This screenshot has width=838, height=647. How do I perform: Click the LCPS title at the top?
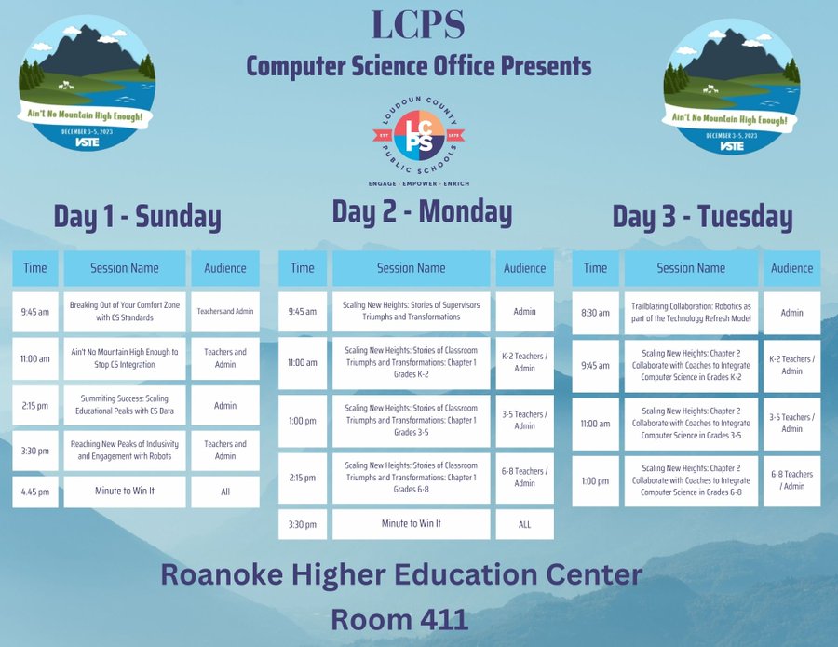pos(418,25)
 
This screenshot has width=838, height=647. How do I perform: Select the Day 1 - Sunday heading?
pos(137,216)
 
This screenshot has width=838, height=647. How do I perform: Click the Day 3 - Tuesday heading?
pos(702,217)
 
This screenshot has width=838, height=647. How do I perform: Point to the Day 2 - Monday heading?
pos(422,211)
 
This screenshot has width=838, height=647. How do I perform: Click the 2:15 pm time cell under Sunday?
pos(35,405)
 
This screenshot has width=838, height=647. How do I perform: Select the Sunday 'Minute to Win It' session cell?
pos(125,491)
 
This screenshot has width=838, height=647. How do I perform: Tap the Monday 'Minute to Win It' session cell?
pos(411,523)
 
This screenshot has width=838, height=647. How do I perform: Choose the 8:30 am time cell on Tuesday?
pos(595,313)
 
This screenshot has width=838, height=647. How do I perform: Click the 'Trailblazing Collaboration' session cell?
pos(691,313)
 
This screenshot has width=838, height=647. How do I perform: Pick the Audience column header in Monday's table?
pos(524,268)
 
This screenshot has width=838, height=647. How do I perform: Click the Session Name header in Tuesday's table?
pos(691,268)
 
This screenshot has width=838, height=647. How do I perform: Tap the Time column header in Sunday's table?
pos(35,268)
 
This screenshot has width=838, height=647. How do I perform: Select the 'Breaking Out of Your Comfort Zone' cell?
pos(125,312)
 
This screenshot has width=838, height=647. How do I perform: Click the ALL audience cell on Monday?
pos(524,524)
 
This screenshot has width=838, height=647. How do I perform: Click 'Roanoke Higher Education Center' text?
pos(400,573)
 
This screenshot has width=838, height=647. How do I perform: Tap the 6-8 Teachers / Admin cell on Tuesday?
pos(791,480)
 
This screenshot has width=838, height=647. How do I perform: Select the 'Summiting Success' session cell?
pos(125,405)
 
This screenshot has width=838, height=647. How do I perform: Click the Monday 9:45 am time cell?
pos(303,312)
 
